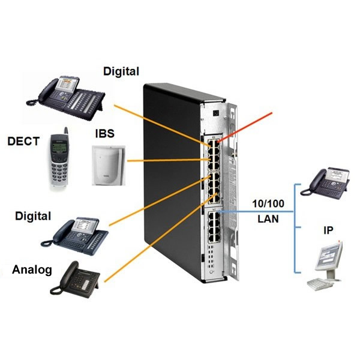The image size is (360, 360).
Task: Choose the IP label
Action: pos(328,230)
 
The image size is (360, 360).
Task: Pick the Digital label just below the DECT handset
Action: pos(31,215)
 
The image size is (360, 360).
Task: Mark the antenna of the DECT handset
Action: pos(66,131)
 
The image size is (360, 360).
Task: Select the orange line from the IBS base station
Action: pos(162,160)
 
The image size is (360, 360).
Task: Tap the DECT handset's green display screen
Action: pos(59,148)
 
